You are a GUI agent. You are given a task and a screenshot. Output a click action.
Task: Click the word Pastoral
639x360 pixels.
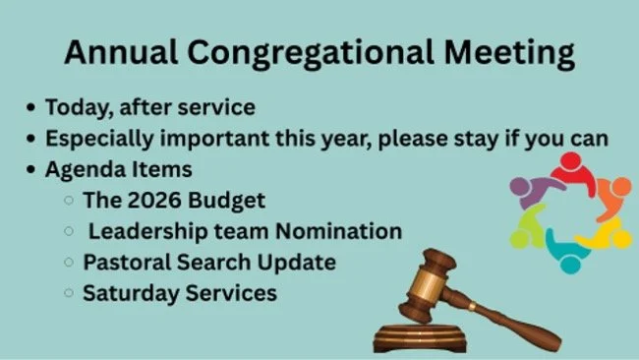tap(123, 263)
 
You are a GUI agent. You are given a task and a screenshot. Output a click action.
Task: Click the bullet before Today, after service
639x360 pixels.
tap(34, 105)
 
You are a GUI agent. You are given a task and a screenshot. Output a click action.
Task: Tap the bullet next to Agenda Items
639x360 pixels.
tap(34, 169)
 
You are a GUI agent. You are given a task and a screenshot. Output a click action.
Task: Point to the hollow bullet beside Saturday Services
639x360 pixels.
tap(68, 293)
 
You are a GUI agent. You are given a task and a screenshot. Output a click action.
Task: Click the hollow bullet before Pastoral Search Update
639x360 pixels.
tap(68, 263)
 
